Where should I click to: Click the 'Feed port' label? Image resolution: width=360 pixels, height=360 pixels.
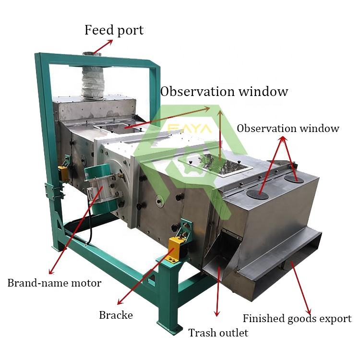tap(114, 30)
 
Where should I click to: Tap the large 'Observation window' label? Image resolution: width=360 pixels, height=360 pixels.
tap(224, 91)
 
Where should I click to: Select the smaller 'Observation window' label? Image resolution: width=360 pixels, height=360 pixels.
tap(288, 128)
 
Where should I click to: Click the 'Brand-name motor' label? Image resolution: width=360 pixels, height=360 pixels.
tap(54, 283)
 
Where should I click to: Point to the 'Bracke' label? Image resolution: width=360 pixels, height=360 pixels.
tap(116, 315)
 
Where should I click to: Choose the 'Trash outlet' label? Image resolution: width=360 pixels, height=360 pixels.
tap(218, 333)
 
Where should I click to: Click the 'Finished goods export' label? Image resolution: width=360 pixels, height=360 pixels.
tap(297, 318)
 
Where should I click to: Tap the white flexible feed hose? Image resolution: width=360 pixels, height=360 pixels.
tap(93, 82)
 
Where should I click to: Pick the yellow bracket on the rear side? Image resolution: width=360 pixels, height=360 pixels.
tap(63, 173)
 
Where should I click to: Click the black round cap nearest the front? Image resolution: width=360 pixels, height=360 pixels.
tap(258, 195)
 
